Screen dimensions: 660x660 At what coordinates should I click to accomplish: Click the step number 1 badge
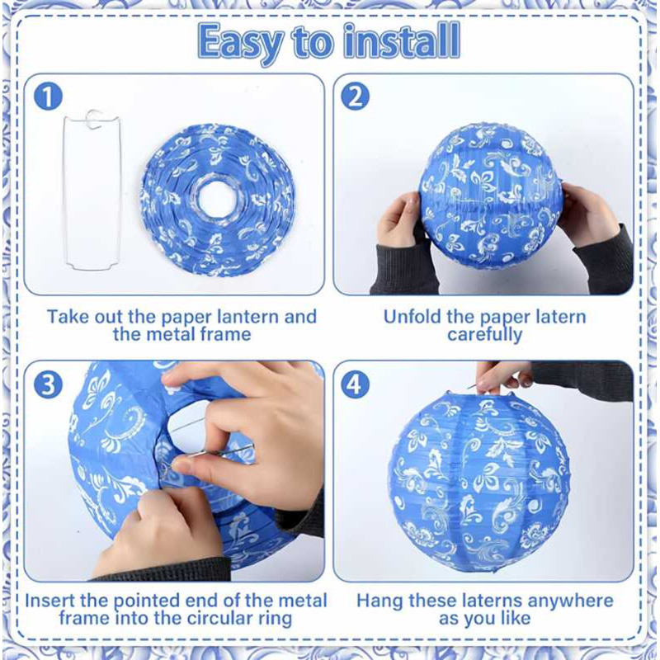pos(49,97)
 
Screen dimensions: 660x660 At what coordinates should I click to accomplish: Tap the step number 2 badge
pos(355,97)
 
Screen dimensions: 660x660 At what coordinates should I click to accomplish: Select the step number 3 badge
pos(49,384)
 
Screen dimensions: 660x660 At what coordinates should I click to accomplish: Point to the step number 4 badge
pos(355,384)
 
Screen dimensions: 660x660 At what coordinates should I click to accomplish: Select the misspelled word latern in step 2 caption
pos(555,317)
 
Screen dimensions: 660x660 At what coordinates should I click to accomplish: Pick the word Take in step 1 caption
pos(67,317)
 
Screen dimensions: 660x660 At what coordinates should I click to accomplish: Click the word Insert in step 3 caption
pos(51,601)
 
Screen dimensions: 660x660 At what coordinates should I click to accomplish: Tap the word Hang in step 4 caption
pos(378,601)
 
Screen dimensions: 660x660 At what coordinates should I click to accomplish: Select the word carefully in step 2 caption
pos(484,335)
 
